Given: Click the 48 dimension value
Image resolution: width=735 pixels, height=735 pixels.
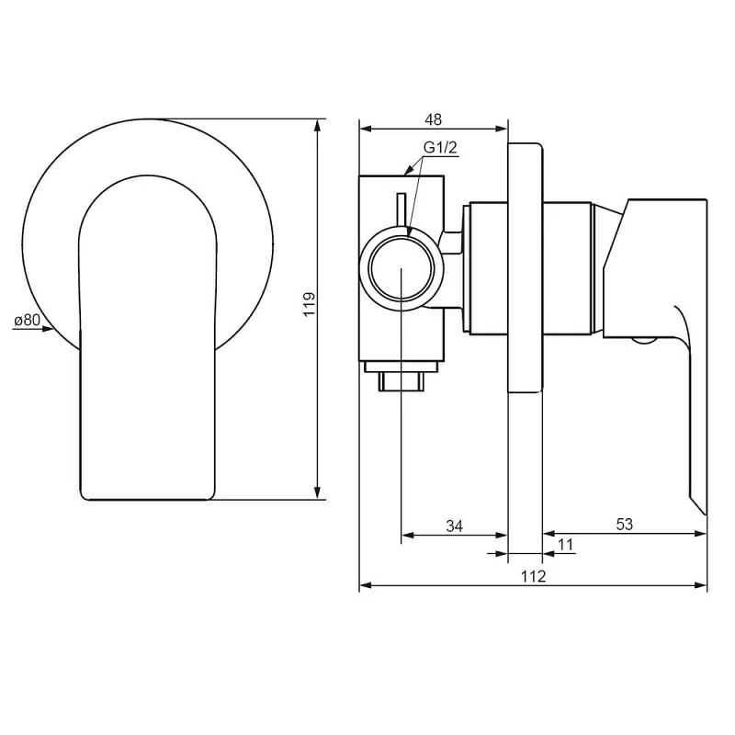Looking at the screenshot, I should (434, 119).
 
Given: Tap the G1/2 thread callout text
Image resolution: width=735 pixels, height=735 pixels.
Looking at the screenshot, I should (439, 148).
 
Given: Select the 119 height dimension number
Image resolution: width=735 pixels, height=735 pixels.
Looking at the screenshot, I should (310, 304).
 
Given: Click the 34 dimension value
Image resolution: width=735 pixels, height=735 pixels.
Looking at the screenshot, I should (454, 526).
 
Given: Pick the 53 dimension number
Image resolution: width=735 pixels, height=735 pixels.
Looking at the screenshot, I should (625, 525).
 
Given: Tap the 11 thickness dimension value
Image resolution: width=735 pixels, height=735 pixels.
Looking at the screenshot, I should (565, 545).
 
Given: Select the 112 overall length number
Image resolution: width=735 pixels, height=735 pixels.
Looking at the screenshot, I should (533, 576).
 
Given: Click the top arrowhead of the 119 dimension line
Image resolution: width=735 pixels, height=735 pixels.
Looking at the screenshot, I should (318, 124).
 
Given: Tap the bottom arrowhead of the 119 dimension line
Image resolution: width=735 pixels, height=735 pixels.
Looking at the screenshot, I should (318, 493).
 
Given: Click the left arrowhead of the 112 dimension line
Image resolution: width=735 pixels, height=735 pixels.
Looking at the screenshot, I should (364, 585).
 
